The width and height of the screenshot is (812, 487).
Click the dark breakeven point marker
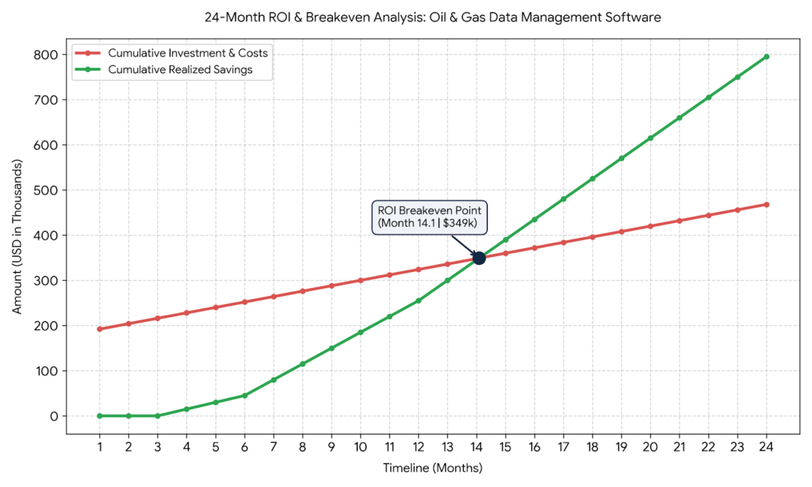(x=479, y=258)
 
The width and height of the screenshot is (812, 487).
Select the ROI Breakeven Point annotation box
(x=429, y=217)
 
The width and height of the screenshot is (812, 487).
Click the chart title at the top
(x=432, y=17)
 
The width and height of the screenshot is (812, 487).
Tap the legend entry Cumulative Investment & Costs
(x=171, y=53)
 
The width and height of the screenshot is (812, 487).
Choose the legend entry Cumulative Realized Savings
(x=164, y=70)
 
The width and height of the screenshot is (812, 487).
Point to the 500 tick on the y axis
(x=47, y=190)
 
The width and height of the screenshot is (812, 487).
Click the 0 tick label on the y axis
(x=54, y=416)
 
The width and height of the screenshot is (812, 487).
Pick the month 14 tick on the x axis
(x=477, y=447)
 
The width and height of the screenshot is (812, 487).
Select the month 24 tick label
(x=767, y=447)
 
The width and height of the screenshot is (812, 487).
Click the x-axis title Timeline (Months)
(x=432, y=468)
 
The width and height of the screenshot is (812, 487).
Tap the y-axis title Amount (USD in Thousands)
(x=17, y=236)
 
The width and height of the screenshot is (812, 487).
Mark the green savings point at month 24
(x=767, y=56)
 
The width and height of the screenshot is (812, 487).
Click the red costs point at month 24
(x=767, y=205)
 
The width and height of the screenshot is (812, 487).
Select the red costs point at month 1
(x=99, y=329)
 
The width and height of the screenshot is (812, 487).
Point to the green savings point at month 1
(x=99, y=416)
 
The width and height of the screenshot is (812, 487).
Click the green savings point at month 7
(x=274, y=380)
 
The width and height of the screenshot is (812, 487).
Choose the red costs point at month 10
(x=361, y=280)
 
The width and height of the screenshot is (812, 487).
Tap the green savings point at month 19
(x=622, y=159)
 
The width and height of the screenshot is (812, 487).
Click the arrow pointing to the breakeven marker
(x=463, y=245)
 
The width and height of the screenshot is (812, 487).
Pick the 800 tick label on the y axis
(x=47, y=55)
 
